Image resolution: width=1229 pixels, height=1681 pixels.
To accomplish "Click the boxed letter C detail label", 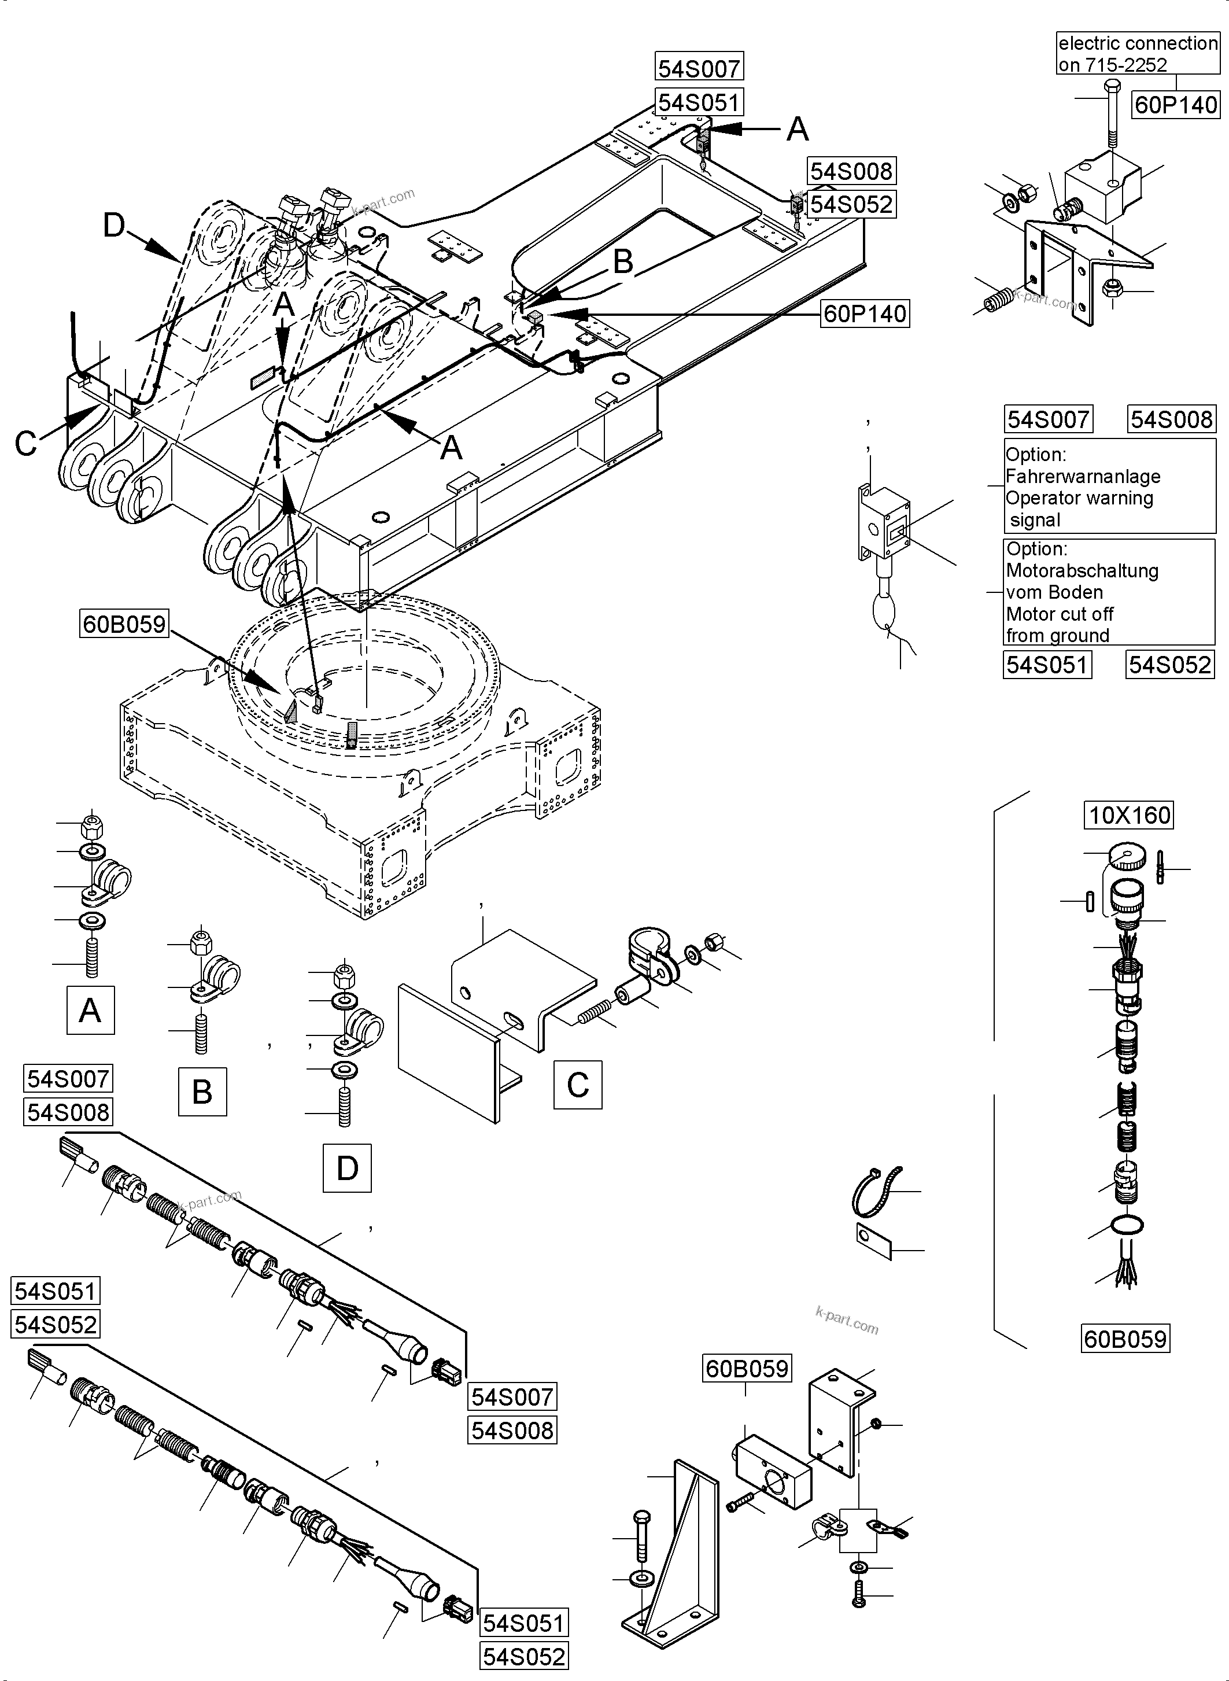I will (577, 1085).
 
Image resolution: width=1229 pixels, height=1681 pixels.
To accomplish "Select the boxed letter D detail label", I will (346, 1168).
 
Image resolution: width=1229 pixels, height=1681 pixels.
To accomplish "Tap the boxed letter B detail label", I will (202, 1092).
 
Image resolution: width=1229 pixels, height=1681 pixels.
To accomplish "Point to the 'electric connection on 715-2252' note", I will (1138, 54).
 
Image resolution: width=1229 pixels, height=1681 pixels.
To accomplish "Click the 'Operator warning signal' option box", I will (1109, 486).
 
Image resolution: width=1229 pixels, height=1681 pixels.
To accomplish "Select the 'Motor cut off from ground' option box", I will (1109, 592).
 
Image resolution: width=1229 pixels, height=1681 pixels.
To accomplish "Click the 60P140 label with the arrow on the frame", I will (865, 314).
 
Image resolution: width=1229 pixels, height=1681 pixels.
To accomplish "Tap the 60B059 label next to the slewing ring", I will (124, 623).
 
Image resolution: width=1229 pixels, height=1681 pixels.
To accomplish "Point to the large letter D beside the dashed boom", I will (114, 224).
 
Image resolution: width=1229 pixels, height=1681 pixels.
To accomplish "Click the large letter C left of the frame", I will (26, 444).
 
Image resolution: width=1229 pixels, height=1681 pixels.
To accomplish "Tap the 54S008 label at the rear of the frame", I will (851, 171).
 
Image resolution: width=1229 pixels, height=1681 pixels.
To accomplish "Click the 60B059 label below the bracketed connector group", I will (1125, 1339).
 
